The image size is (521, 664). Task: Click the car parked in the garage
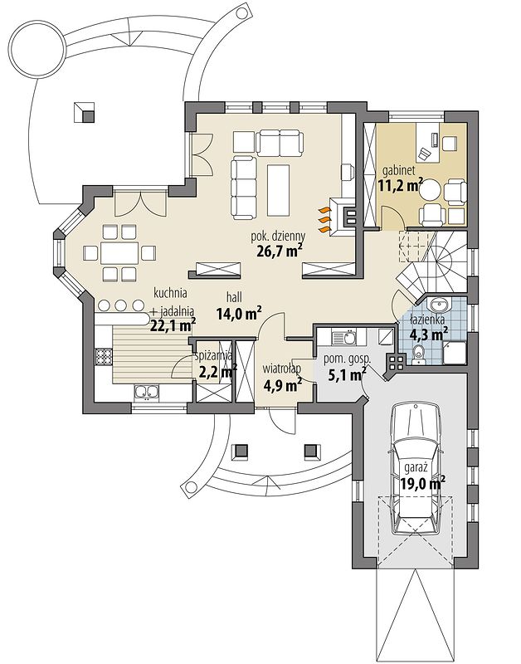click(416, 468)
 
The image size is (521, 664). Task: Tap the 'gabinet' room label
click(399, 171)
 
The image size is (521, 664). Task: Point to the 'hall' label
click(232, 298)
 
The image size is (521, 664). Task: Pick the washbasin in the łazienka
click(439, 304)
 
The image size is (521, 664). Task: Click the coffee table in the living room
click(278, 190)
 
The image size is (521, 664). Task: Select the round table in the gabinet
click(431, 190)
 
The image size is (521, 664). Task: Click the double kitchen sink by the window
click(147, 393)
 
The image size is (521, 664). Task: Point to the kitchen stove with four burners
click(104, 356)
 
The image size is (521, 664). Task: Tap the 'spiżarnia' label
click(213, 356)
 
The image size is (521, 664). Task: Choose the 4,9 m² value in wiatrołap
click(282, 385)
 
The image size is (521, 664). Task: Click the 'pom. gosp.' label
click(347, 359)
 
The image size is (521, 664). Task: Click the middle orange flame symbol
click(324, 220)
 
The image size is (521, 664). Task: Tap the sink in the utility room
click(348, 337)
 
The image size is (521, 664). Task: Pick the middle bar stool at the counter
click(121, 305)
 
